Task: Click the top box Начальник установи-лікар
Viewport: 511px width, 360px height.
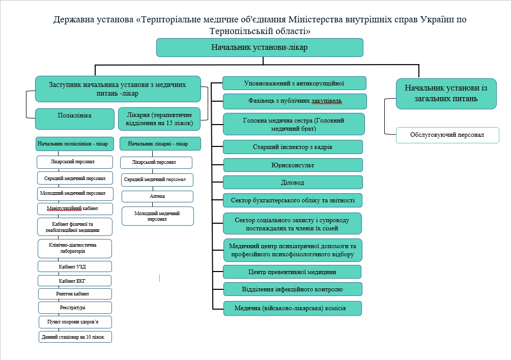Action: point(260,47)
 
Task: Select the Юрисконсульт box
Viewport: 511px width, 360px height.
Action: point(293,165)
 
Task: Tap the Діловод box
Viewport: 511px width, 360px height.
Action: point(293,183)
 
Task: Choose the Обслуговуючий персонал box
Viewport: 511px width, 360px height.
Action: point(447,135)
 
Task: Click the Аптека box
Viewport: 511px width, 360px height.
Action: point(157,196)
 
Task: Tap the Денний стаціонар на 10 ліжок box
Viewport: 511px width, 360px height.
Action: point(75,337)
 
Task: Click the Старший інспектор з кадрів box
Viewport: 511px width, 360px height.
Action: point(293,147)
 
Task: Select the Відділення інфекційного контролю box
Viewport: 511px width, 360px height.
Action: point(293,289)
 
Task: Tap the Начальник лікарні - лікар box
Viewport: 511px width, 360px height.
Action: point(158,144)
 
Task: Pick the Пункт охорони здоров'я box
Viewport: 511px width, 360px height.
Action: point(75,322)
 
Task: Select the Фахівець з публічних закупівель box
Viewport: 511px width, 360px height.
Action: point(295,101)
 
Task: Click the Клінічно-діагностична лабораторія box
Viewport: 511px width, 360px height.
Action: point(75,248)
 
